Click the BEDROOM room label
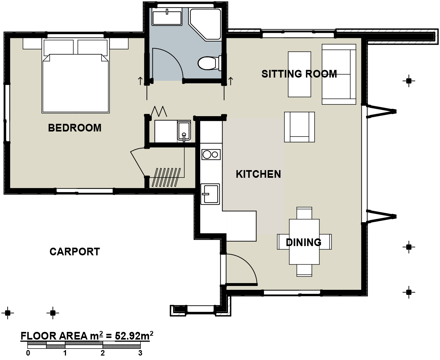pyautogui.click(x=75, y=128)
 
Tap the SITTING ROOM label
pyautogui.click(x=299, y=74)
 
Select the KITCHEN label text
pyautogui.click(x=258, y=174)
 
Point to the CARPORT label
pyautogui.click(x=75, y=251)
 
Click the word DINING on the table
pyautogui.click(x=304, y=243)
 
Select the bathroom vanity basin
pyautogui.click(x=167, y=18)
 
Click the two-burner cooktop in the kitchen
pyautogui.click(x=211, y=155)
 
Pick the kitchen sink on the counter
pyautogui.click(x=210, y=194)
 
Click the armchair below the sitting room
pyautogui.click(x=299, y=127)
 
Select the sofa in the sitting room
pyautogui.click(x=339, y=74)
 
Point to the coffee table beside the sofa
pyautogui.click(x=299, y=74)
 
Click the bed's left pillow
pyautogui.click(x=59, y=47)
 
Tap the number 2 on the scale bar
pyautogui.click(x=102, y=353)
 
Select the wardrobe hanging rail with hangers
pyautogui.click(x=166, y=177)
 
